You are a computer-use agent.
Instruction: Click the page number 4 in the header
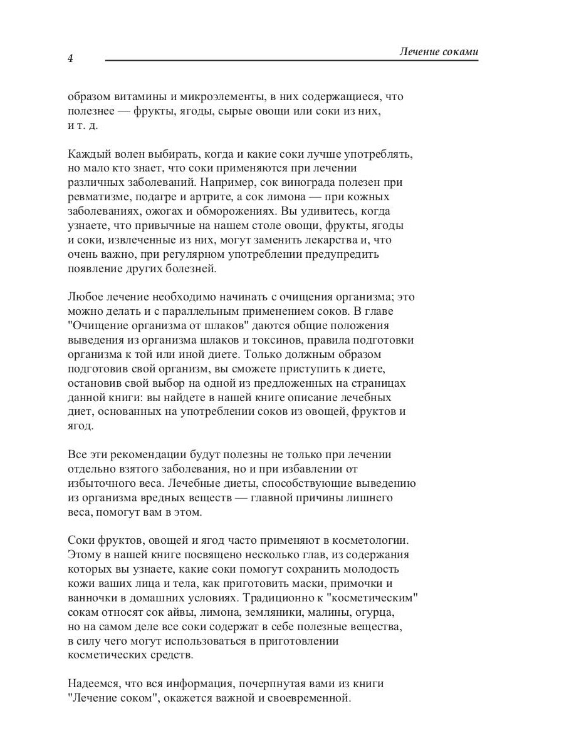pyautogui.click(x=70, y=59)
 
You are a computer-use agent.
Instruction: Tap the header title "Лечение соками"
pyautogui.click(x=439, y=52)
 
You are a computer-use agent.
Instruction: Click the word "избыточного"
pyautogui.click(x=101, y=484)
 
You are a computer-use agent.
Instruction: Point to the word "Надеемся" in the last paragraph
pyautogui.click(x=93, y=684)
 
